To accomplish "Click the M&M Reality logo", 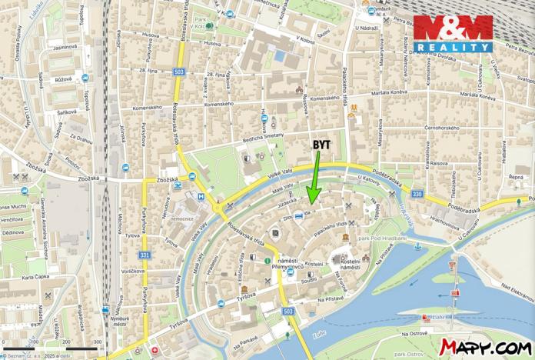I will (x=453, y=34).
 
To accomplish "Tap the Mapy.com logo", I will (x=485, y=347).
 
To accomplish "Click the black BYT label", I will (x=322, y=144).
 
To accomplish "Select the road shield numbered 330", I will (x=417, y=195).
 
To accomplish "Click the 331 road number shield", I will (x=144, y=255).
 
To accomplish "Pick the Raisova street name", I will (x=439, y=163).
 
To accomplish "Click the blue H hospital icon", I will (x=201, y=196).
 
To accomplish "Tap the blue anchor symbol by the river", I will (x=417, y=246).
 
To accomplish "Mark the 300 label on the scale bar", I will (x=97, y=342).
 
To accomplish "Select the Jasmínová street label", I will (x=65, y=47).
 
